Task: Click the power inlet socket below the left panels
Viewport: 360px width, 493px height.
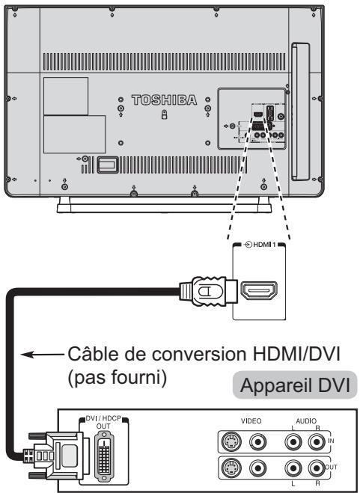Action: [109, 162]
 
